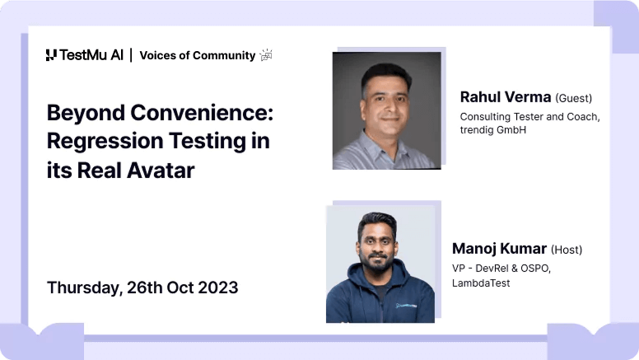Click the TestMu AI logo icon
click(51, 55)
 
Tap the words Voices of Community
click(197, 55)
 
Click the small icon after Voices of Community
click(265, 55)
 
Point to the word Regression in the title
click(98, 141)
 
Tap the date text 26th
click(151, 288)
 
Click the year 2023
click(217, 288)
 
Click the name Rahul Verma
click(505, 97)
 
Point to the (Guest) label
click(574, 98)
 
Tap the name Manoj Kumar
click(498, 248)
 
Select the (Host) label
click(567, 250)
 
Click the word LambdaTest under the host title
click(481, 283)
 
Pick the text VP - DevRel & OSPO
click(501, 268)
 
